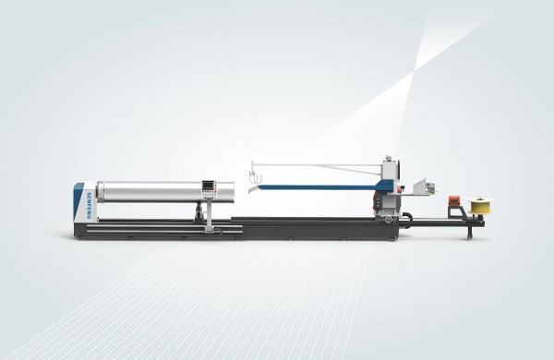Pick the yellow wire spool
coord(477,206)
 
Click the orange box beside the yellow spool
coord(453,201)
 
